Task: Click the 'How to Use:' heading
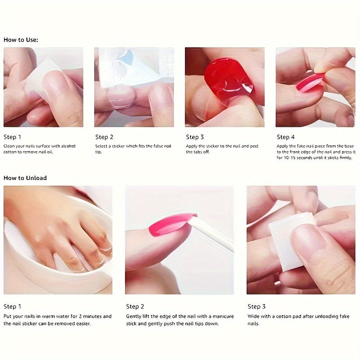pyautogui.click(x=21, y=40)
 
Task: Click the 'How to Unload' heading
pyautogui.click(x=25, y=178)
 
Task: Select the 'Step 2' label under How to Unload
pyautogui.click(x=135, y=306)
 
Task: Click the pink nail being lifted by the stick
pyautogui.click(x=171, y=224)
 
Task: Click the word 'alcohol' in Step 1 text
pyautogui.click(x=66, y=146)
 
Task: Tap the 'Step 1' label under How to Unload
pyautogui.click(x=13, y=306)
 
